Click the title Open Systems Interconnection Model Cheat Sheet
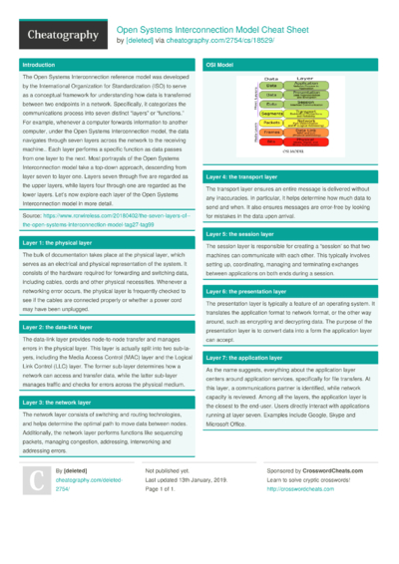point(216,30)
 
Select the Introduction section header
point(40,64)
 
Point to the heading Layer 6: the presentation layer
point(252,290)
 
